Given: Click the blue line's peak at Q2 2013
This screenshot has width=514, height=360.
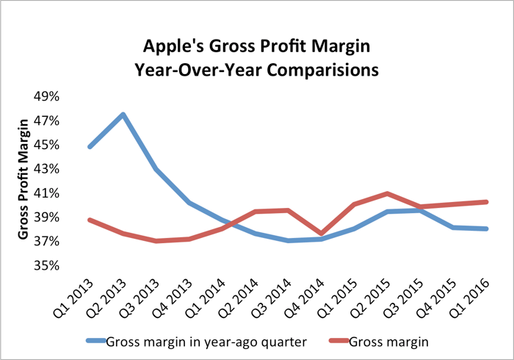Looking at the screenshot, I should [123, 115].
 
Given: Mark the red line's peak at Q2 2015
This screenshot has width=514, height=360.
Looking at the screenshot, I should [387, 193].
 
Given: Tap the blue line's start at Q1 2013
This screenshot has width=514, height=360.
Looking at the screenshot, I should [90, 147].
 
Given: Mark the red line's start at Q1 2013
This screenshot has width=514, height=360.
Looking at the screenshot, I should [90, 220].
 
